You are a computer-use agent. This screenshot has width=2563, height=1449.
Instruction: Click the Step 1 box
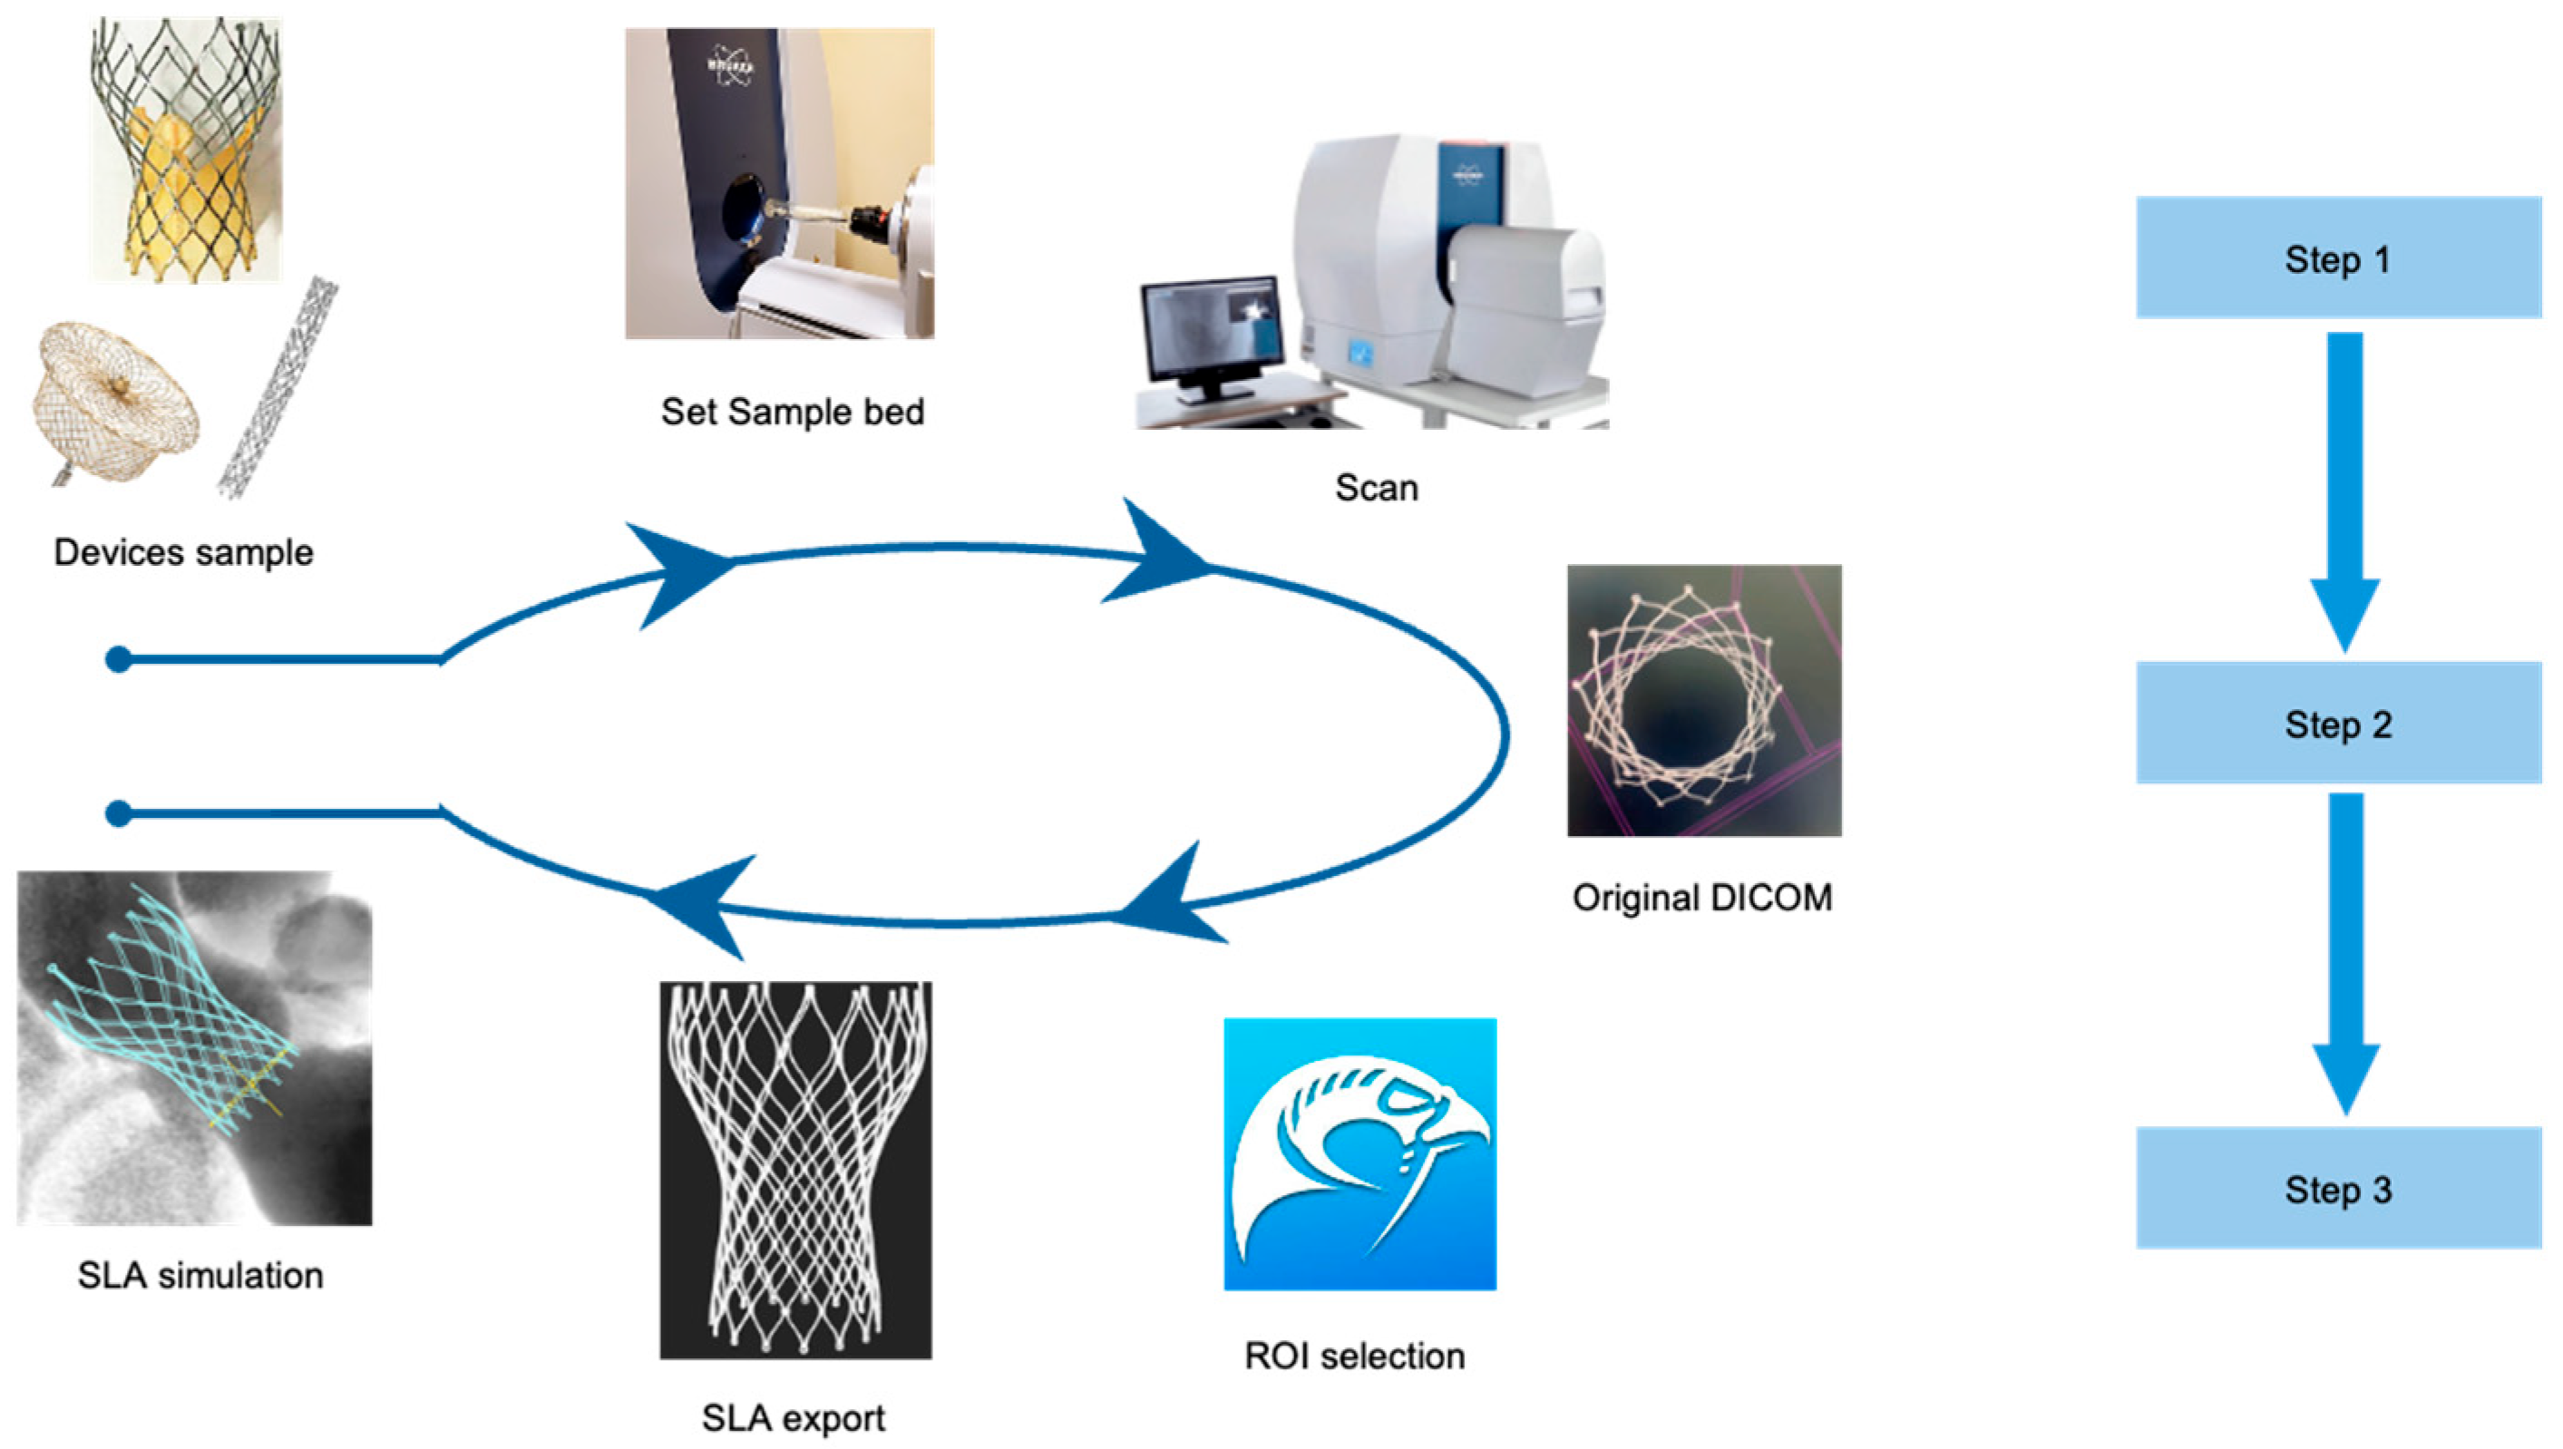tap(2337, 258)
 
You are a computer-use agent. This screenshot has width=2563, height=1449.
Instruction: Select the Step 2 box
tap(2337, 723)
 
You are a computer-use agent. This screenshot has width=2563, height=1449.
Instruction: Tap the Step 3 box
tap(2337, 1187)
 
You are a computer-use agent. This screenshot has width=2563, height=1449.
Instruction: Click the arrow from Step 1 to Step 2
tap(2344, 488)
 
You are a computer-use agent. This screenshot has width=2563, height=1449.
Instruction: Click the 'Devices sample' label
tap(183, 552)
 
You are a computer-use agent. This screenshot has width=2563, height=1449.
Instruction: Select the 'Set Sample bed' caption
tap(793, 411)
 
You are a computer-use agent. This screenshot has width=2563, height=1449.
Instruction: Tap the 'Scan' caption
tap(1376, 488)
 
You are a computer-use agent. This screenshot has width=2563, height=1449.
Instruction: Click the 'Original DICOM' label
tap(1702, 898)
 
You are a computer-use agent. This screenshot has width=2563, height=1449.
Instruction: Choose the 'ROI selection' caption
tap(1355, 1356)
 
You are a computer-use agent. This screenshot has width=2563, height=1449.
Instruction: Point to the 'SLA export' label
tap(794, 1417)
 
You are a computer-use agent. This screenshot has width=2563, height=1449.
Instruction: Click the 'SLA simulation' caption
tap(200, 1275)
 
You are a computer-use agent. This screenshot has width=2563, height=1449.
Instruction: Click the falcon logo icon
tap(1359, 1153)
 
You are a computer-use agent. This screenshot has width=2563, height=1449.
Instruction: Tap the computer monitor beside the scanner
tap(1209, 330)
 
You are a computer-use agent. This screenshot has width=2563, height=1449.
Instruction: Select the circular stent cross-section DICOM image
tap(1704, 701)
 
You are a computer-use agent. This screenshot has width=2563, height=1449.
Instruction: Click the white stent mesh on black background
tap(795, 1170)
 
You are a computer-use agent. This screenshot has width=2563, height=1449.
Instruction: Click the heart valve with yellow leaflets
tap(186, 150)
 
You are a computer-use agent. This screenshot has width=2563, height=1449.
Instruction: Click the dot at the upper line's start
tap(119, 659)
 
